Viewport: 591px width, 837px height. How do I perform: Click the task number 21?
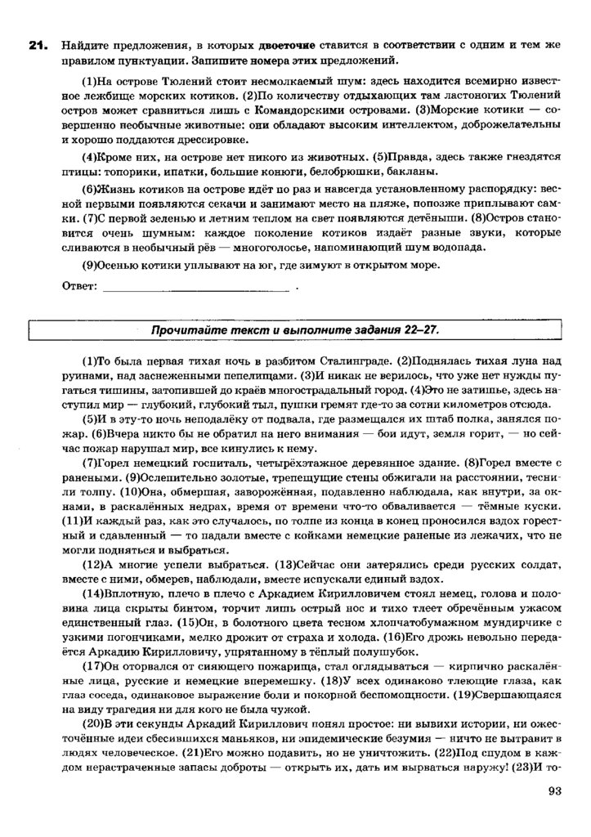pyautogui.click(x=35, y=47)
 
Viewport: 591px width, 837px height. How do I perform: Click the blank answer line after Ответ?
pyautogui.click(x=196, y=288)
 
